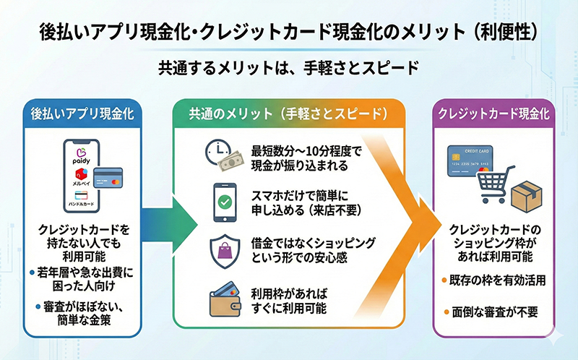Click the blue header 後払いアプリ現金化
pos(82,114)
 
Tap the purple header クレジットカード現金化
pos(493,114)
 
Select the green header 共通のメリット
pos(288,114)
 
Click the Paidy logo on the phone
pos(81,158)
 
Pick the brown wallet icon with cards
pos(224,302)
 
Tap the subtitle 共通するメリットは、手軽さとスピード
pos(288,69)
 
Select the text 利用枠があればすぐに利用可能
pos(289,302)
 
